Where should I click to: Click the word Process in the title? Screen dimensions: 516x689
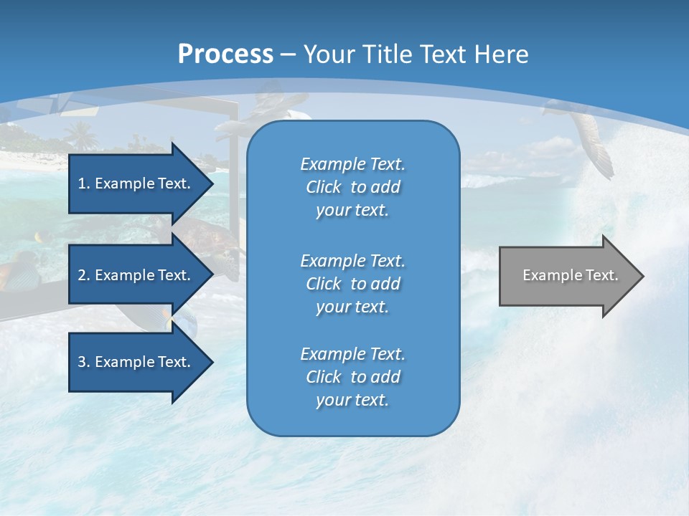[x=225, y=54]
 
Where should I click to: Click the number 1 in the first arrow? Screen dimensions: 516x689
[x=82, y=183]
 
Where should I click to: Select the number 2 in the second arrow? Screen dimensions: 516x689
[x=82, y=275]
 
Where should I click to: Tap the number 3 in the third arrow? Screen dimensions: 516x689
[x=82, y=362]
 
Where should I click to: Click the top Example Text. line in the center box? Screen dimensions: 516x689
[x=352, y=164]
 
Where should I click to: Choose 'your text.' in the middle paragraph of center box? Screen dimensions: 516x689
[x=352, y=307]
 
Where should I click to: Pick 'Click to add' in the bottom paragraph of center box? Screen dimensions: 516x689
[x=352, y=377]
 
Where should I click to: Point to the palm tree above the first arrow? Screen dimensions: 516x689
[x=81, y=134]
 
